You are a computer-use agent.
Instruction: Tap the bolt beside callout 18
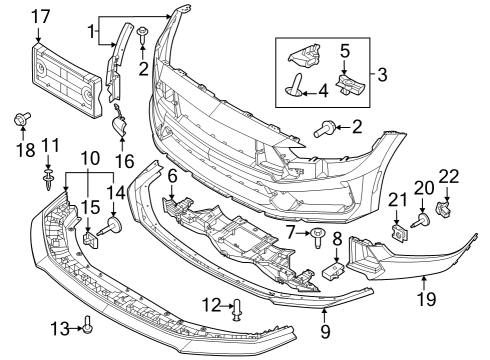(x=20, y=122)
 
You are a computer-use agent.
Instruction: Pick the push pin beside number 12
(x=236, y=309)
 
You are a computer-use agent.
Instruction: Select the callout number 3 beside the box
(x=382, y=75)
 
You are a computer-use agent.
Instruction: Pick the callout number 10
(x=89, y=159)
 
